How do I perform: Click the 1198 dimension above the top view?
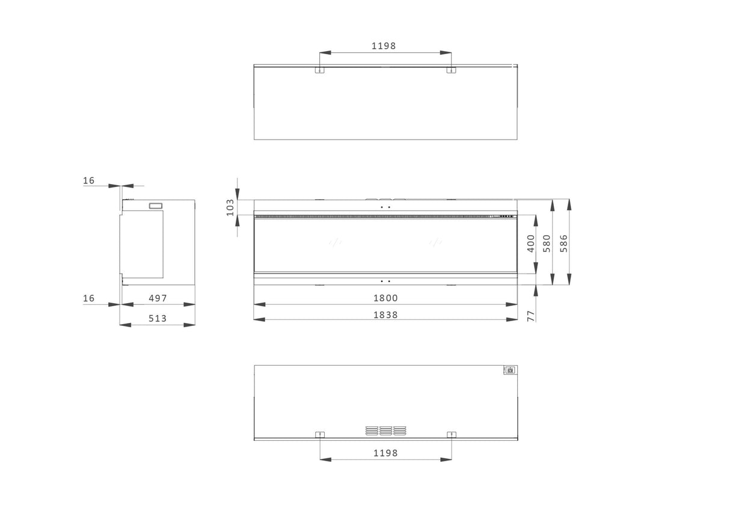coord(384,46)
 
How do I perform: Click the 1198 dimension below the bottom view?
coord(385,453)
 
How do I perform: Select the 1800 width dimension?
coord(385,298)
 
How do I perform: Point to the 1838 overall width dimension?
coord(385,315)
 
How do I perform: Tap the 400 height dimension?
coord(530,243)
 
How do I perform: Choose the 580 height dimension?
coord(547,243)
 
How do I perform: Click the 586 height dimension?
coord(564,243)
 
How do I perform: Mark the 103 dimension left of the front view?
coord(230,207)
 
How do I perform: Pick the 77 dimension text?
coord(531,315)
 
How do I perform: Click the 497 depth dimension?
coord(158,298)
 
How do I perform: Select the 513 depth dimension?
coord(158,318)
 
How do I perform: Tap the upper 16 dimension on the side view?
coord(89,180)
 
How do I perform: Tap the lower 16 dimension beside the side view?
coord(89,298)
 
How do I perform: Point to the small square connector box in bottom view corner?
coord(510,370)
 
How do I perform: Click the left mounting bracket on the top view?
coord(320,70)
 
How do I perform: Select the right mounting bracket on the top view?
coord(450,70)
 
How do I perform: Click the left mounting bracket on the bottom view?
coord(320,434)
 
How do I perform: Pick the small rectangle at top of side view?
coord(155,206)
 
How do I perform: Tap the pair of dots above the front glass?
coord(385,207)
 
